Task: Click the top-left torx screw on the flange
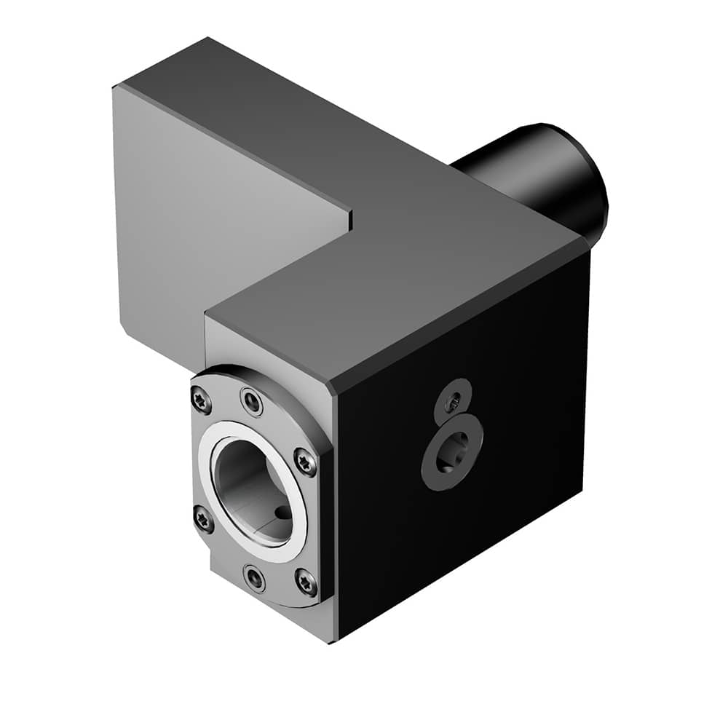pos(200,399)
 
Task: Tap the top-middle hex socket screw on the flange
pos(252,401)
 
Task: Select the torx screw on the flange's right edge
pos(305,462)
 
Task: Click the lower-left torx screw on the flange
pos(202,518)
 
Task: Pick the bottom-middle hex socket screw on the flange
pos(255,579)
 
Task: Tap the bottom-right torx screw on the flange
pos(306,581)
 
